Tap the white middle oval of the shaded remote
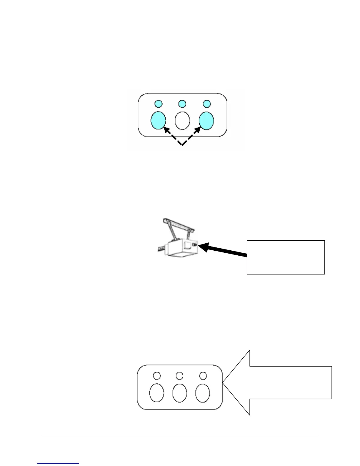tap(182, 121)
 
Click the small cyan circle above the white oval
tap(182, 104)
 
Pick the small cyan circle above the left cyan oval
tap(158, 104)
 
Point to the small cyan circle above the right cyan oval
tap(207, 104)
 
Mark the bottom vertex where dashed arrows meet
tap(182, 145)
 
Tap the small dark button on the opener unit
tap(194, 244)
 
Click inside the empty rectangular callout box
tap(286, 257)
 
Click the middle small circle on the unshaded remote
tap(179, 376)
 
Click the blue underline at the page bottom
tap(59, 463)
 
